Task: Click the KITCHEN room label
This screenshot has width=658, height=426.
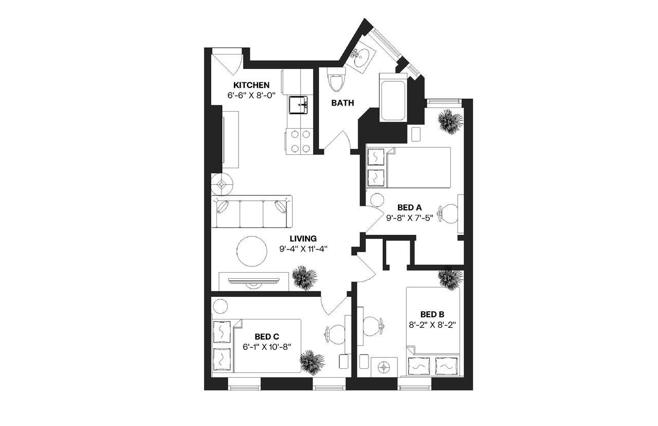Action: pos(251,85)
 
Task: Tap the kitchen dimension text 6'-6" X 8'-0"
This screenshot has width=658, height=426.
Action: pos(251,95)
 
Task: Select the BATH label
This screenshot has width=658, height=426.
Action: pos(342,103)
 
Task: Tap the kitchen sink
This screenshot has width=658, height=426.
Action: pos(298,105)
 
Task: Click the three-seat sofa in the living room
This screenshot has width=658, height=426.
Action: pos(252,211)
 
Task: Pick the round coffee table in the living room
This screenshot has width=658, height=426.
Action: pos(251,251)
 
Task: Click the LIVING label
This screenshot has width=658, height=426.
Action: pos(303,239)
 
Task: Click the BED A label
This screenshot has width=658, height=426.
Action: pos(409,207)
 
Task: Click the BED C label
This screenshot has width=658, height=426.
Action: pos(267,336)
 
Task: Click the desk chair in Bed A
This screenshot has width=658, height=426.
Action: pos(448,213)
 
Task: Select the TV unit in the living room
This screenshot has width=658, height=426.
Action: pos(254,281)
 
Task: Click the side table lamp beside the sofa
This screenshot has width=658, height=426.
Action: pos(222,183)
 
